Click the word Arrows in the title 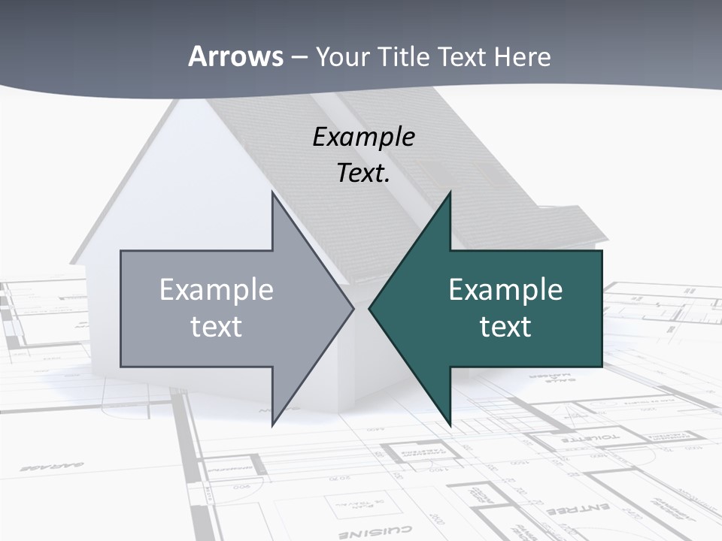[236, 56]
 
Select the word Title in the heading [403, 56]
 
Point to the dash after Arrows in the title [299, 57]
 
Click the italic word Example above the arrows [363, 138]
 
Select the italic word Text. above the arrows [363, 174]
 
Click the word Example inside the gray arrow [217, 290]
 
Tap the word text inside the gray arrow [217, 327]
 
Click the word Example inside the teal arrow [505, 290]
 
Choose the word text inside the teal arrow [505, 327]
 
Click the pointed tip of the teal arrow [370, 308]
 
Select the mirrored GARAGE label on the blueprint [42, 467]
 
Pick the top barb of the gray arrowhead [273, 194]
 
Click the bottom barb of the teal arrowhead [450, 425]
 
